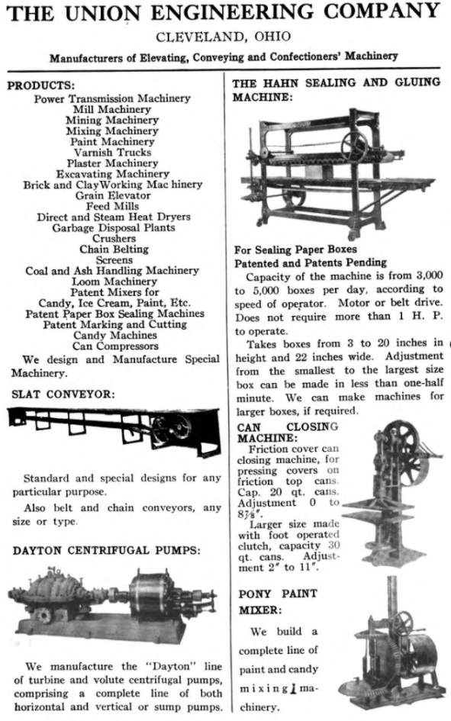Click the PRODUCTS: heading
tap(41, 85)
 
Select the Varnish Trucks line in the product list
tap(112, 153)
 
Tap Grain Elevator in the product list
tap(112, 195)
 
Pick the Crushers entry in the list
tap(112, 238)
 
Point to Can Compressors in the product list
tap(112, 346)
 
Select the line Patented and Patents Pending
tap(310, 262)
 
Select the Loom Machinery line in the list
tap(112, 282)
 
